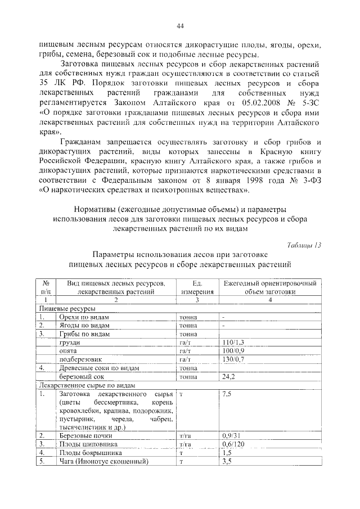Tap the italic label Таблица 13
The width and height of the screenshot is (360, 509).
(304, 244)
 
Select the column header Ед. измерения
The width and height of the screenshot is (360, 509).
(197, 287)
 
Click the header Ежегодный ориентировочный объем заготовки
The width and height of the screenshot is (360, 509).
(269, 287)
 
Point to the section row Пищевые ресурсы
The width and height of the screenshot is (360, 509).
(66, 309)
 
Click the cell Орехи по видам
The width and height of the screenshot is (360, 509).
(84, 317)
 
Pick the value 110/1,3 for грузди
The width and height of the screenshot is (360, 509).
(233, 342)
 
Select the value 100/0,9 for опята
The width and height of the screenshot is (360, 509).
(233, 350)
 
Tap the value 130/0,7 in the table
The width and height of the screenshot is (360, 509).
(233, 359)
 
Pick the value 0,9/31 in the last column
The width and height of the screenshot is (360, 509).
(231, 435)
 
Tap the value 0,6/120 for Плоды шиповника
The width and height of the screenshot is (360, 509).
(233, 444)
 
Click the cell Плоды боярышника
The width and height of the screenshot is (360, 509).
(88, 452)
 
